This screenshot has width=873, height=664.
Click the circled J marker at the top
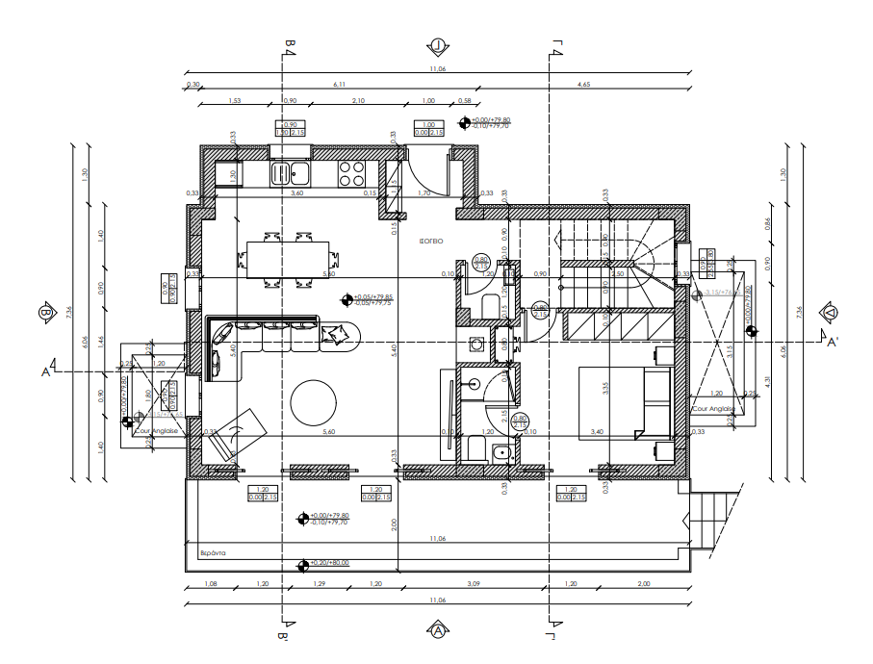tap(438, 45)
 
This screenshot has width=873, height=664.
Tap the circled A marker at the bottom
tap(438, 631)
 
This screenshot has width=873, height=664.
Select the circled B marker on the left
tap(44, 313)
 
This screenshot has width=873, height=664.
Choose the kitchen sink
tap(289, 173)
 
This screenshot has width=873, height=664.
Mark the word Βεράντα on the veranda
tap(212, 553)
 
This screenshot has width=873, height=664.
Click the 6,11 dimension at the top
tap(339, 85)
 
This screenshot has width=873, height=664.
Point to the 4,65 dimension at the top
tap(583, 85)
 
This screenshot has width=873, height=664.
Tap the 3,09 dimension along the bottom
tap(474, 584)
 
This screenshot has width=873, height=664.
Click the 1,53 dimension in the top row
tap(234, 100)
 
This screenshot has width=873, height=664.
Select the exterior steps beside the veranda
tap(713, 517)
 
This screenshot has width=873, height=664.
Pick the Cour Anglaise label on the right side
tap(713, 409)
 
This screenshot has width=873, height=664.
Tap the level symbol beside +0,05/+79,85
tap(347, 299)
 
